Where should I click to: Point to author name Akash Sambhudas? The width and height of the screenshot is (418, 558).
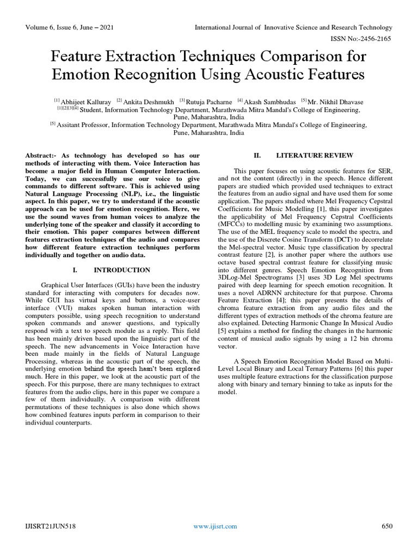click(x=271, y=101)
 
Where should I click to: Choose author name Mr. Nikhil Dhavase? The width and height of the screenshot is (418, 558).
click(x=337, y=101)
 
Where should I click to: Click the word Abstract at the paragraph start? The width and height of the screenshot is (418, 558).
click(x=42, y=155)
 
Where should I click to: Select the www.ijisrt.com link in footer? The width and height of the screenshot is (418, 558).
click(x=216, y=526)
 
